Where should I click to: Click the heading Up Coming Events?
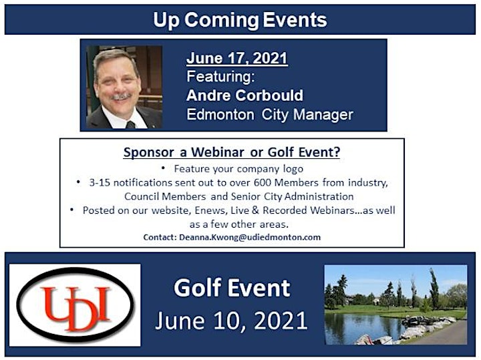tap(240, 20)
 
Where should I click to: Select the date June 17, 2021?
tap(236, 58)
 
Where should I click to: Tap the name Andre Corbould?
tap(245, 96)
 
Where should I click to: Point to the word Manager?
tap(323, 115)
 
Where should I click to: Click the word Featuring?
tap(221, 77)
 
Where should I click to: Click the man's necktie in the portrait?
tap(131, 125)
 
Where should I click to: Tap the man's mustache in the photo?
tap(122, 96)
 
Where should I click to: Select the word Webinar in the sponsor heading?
tap(218, 152)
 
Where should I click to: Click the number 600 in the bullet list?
tap(263, 183)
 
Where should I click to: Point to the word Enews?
tap(210, 210)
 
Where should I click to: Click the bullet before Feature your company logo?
tap(164, 168)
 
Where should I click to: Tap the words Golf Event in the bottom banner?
tap(232, 289)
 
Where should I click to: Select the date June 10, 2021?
tap(231, 321)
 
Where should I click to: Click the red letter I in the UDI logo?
tap(103, 304)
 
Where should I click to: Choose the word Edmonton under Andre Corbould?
tap(220, 115)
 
